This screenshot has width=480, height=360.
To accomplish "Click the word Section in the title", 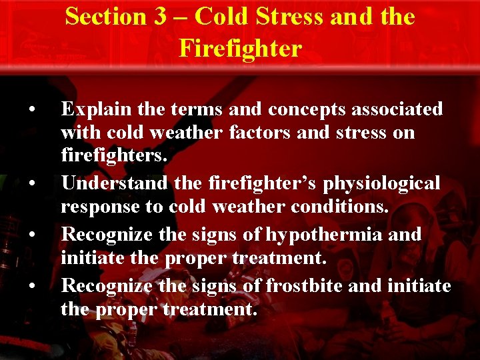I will point(108,17).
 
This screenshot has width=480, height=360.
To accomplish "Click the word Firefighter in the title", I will point(240,47).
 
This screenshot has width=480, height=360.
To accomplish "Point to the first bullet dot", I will point(31,109).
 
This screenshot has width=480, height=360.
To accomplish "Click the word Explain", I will point(93,109).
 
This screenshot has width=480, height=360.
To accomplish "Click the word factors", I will point(249,133).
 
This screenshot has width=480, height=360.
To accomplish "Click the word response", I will point(102,207).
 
